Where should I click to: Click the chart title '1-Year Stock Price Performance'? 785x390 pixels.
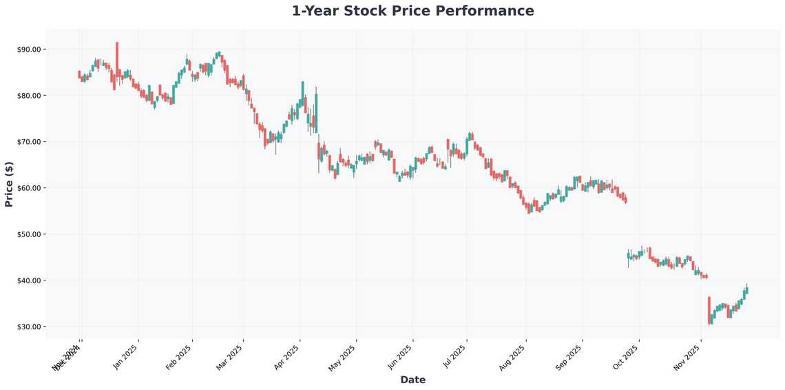coord(412,11)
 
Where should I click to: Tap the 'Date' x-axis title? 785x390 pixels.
coord(412,380)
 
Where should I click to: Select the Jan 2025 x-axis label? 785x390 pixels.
coord(125,356)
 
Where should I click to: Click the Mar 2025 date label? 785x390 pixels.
coord(230,356)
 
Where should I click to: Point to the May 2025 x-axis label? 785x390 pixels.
coord(343,356)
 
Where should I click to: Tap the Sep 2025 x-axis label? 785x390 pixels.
coord(569,356)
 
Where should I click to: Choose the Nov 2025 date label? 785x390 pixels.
coord(687,356)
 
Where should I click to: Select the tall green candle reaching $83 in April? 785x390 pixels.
coord(302,94)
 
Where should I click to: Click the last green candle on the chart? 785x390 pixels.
coord(746,291)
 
